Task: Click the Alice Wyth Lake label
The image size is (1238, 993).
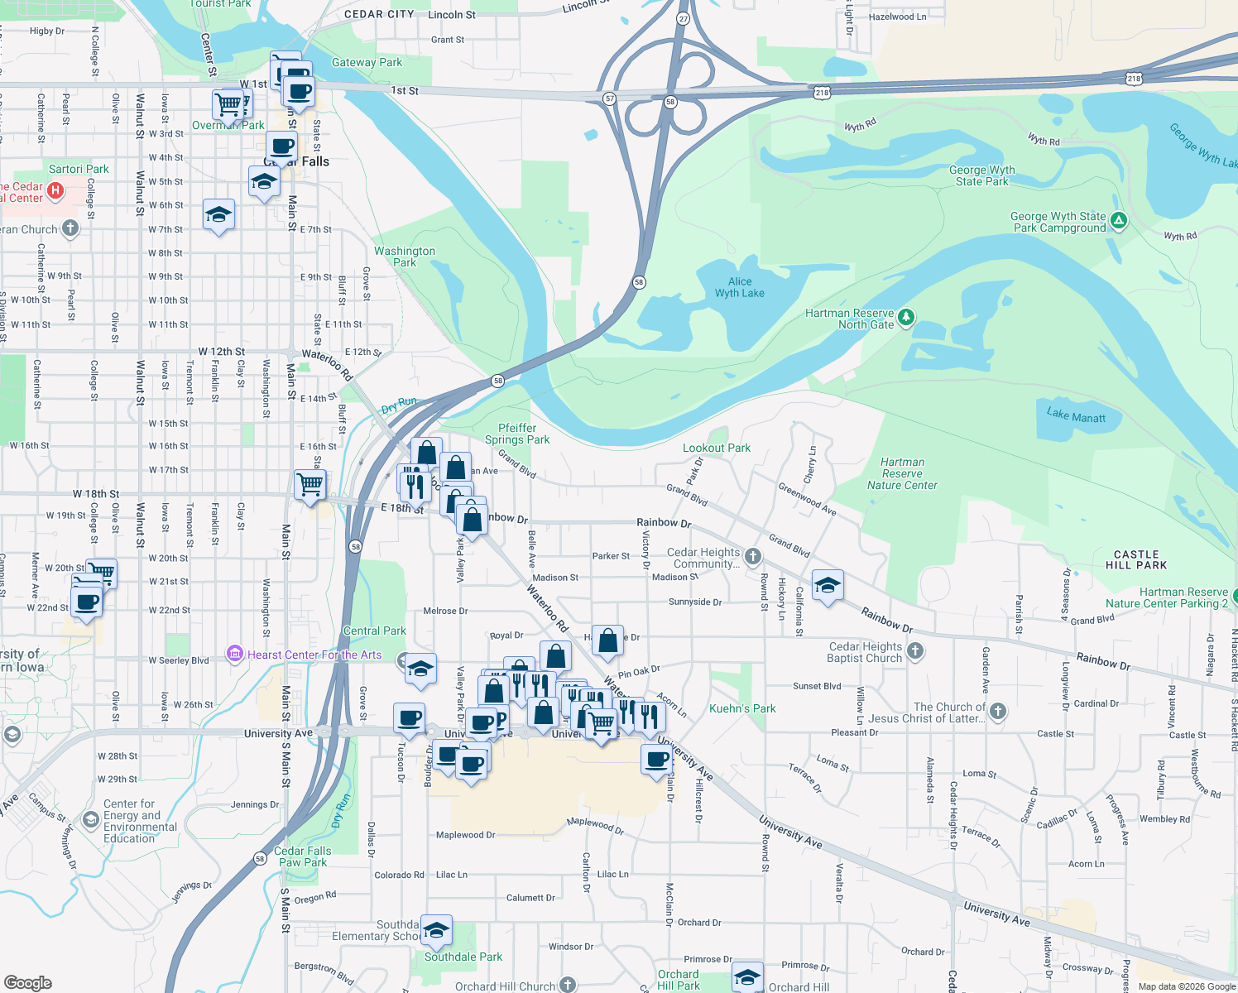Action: [739, 287]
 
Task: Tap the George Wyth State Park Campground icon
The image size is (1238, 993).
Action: [1119, 220]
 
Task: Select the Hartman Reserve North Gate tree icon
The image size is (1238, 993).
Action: [906, 317]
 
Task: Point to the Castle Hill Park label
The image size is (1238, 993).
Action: [1136, 560]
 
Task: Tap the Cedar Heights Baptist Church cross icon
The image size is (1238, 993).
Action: [914, 651]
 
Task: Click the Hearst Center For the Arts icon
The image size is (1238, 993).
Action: [235, 654]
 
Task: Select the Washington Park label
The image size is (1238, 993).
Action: [405, 257]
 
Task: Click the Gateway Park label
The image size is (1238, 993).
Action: [367, 62]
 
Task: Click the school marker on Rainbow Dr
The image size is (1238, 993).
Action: [828, 585]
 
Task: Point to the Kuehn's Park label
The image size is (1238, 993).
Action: [742, 708]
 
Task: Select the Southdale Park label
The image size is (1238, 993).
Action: [463, 957]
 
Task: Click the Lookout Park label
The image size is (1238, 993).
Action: [717, 448]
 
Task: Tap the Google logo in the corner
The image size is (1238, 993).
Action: [27, 982]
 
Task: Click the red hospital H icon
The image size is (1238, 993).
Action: [55, 192]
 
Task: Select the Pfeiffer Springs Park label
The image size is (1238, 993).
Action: [517, 434]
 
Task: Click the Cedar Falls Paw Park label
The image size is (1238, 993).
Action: [302, 856]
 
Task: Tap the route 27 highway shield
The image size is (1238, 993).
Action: [684, 18]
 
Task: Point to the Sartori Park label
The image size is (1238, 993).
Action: [79, 169]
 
